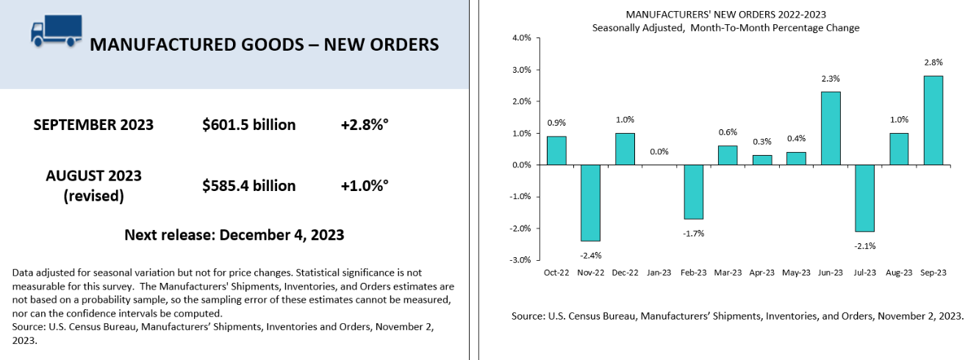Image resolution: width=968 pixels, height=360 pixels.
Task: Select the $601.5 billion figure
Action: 249,125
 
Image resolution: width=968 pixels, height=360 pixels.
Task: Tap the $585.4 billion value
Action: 249,186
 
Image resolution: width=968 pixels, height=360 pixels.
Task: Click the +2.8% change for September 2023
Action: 365,125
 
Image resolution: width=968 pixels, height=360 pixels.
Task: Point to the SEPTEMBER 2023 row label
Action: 93,125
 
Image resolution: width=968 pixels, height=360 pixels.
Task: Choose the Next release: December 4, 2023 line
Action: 234,235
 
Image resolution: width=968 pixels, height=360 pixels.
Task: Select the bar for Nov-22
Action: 590,203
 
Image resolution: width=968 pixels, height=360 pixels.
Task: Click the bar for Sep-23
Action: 933,120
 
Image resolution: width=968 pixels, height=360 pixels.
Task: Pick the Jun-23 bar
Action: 831,129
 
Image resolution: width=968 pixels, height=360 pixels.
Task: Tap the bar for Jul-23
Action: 864,198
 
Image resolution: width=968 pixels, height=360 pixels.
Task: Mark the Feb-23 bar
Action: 693,192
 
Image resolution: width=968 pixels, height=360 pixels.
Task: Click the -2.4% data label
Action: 590,255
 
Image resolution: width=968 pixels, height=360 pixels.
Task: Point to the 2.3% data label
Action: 831,79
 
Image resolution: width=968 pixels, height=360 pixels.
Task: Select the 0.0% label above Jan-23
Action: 659,152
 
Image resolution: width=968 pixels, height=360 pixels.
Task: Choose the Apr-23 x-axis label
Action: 761,272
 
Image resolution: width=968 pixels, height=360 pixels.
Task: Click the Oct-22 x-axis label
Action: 556,272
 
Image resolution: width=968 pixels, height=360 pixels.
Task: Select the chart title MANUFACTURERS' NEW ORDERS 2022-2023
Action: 725,14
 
